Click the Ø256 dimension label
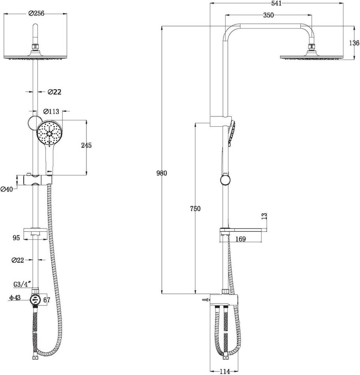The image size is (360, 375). [x=36, y=13]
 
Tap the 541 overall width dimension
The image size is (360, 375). [x=277, y=3]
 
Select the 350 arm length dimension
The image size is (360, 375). [x=268, y=15]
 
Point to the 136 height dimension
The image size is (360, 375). [x=354, y=43]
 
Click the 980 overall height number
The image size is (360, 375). [x=162, y=173]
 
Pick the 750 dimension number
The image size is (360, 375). [x=195, y=208]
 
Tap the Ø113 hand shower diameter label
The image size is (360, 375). [x=51, y=111]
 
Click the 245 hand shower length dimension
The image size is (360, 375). [x=86, y=145]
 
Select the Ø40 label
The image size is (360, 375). [x=6, y=189]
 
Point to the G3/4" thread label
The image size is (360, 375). [x=22, y=284]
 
